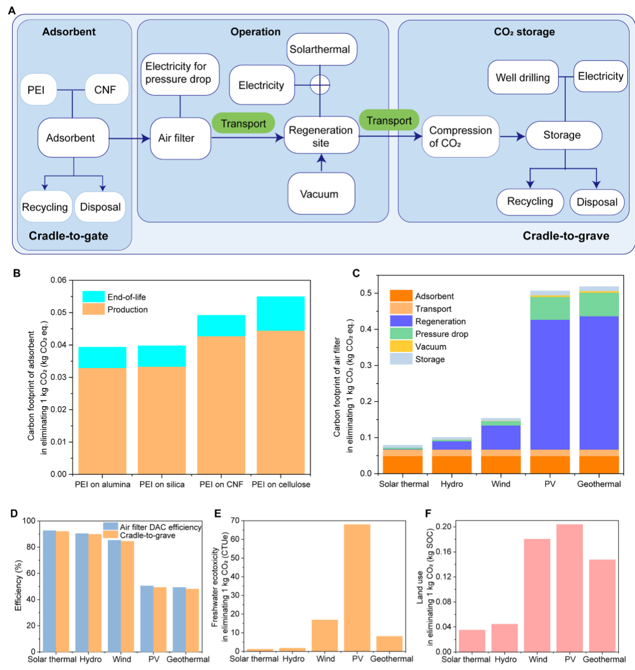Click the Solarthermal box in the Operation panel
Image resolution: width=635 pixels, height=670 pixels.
(x=320, y=49)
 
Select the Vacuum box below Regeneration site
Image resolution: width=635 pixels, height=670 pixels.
(x=320, y=194)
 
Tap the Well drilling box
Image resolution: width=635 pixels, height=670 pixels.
(x=523, y=78)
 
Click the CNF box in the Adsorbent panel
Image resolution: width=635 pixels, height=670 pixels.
(x=105, y=89)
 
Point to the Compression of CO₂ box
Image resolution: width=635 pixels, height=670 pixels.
(x=460, y=136)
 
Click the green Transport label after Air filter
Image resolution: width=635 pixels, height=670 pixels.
(x=243, y=123)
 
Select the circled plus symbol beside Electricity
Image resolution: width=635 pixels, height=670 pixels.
(x=320, y=85)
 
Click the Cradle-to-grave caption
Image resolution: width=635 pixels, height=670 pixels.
(x=566, y=236)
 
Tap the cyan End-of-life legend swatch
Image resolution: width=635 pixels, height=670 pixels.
(x=93, y=296)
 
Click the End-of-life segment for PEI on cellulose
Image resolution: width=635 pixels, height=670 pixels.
(x=280, y=314)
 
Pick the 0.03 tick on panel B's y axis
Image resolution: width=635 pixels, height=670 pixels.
(x=58, y=377)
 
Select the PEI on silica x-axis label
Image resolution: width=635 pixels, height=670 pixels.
(x=162, y=484)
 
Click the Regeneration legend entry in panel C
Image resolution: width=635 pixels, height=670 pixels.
(x=440, y=321)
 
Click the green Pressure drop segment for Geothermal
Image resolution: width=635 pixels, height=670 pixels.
(x=598, y=304)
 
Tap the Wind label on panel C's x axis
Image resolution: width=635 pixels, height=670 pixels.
(x=501, y=484)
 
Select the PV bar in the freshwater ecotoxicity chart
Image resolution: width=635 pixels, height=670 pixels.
(x=357, y=587)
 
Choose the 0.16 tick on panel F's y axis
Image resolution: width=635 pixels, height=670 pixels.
(x=444, y=551)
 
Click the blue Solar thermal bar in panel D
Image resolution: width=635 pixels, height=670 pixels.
(x=49, y=591)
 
